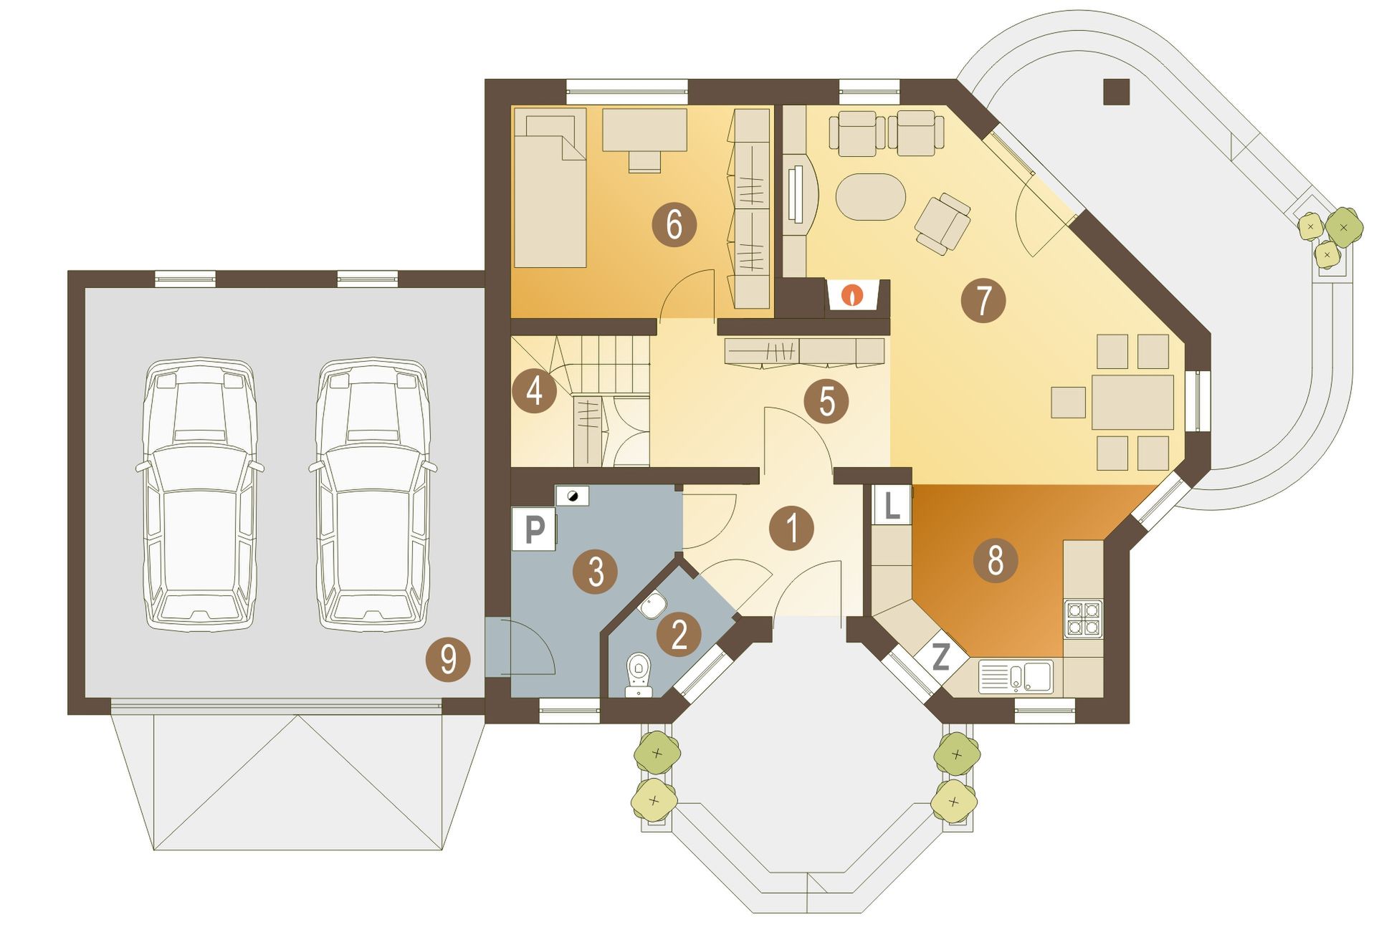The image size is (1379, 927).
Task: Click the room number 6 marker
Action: point(674,225)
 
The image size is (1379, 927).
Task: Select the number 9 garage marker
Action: point(448,658)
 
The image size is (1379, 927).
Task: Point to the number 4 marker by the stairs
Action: point(535,392)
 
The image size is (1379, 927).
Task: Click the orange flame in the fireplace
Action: point(852,294)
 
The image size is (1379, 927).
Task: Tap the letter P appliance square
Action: point(535,529)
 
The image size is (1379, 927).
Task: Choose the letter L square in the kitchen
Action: point(892,506)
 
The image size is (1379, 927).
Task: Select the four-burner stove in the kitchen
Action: point(1083,619)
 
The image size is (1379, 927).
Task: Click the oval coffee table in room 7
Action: point(871,197)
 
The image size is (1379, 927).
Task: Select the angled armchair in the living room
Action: point(943,223)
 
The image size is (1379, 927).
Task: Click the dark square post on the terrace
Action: point(1116,91)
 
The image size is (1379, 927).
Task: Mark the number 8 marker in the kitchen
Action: point(996,559)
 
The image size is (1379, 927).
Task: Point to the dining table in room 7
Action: point(1132,402)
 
